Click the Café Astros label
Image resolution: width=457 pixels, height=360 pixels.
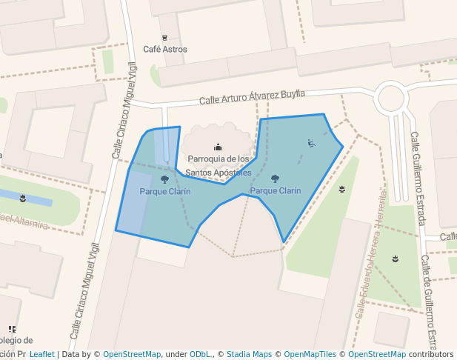(165, 50)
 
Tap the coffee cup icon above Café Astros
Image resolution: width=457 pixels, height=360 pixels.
(164, 37)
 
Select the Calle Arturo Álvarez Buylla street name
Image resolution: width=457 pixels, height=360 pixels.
(252, 96)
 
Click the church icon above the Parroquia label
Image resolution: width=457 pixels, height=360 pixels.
(218, 147)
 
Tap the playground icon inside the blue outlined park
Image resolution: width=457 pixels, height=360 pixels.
(311, 143)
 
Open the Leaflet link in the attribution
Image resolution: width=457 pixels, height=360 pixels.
(42, 355)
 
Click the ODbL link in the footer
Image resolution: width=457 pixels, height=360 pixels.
(202, 355)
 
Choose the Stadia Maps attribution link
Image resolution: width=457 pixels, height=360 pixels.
(249, 355)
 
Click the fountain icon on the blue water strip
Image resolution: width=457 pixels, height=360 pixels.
(24, 198)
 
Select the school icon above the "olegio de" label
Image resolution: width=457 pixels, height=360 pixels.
(12, 329)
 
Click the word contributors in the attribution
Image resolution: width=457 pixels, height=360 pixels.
(431, 355)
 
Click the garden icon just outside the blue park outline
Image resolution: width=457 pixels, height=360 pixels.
(341, 189)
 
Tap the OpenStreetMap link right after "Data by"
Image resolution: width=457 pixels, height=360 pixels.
(132, 355)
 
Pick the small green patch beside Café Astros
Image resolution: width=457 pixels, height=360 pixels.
(108, 61)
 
